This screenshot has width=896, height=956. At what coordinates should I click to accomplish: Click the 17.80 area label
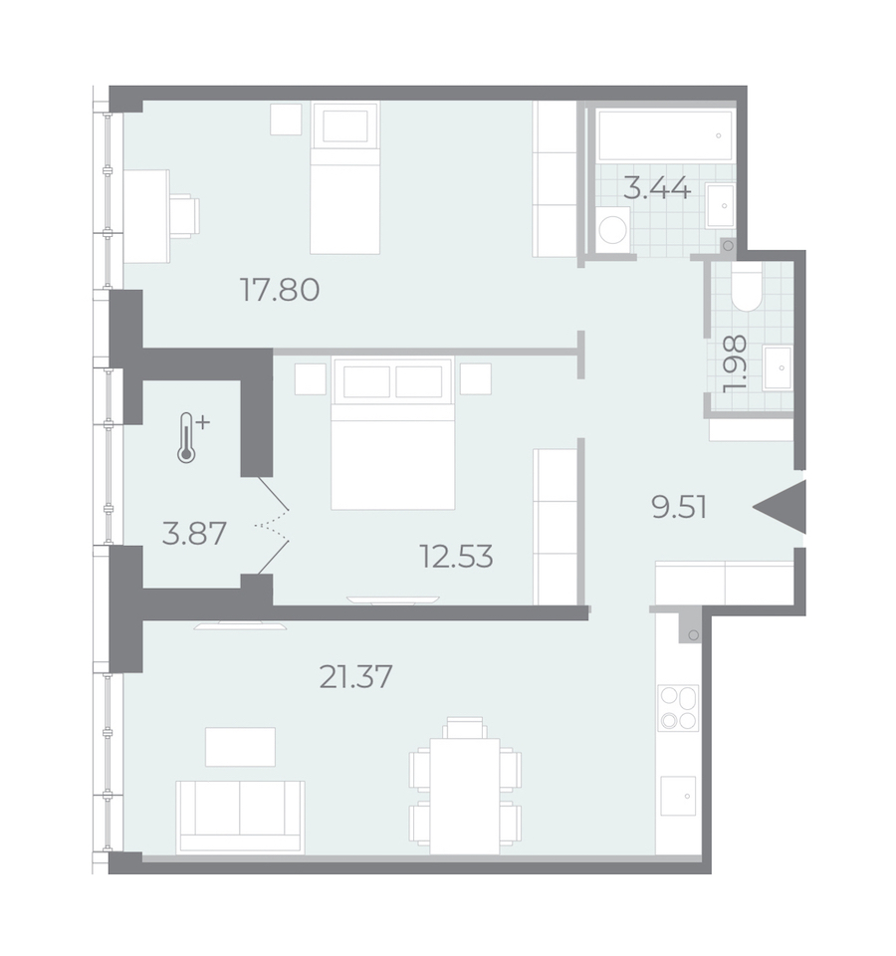(x=280, y=290)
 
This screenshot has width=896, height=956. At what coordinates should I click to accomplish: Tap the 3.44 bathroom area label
(x=657, y=188)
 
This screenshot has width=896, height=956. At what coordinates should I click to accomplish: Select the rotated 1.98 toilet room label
(x=734, y=364)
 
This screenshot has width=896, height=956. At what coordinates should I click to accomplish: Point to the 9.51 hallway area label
(x=679, y=507)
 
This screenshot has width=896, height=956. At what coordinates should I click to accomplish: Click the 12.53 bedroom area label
(x=457, y=556)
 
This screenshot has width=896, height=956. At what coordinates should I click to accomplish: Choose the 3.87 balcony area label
(x=194, y=533)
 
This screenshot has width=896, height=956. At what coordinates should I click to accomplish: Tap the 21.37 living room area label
(x=356, y=677)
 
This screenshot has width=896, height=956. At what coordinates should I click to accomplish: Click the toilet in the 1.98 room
(x=747, y=288)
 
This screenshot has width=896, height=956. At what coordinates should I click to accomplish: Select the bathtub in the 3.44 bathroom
(x=665, y=134)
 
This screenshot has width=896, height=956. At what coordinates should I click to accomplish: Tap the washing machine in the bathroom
(x=612, y=226)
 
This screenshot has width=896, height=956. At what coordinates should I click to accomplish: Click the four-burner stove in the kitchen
(x=678, y=708)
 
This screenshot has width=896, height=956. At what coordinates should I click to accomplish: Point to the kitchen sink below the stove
(x=678, y=796)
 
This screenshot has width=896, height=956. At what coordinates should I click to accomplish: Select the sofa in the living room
(x=240, y=817)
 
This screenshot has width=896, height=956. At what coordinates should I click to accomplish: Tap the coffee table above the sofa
(x=240, y=746)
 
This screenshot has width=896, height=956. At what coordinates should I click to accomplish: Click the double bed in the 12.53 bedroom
(x=393, y=433)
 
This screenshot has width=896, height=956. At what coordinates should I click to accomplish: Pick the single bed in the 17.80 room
(x=345, y=177)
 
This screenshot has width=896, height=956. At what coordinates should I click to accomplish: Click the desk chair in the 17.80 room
(x=185, y=215)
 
